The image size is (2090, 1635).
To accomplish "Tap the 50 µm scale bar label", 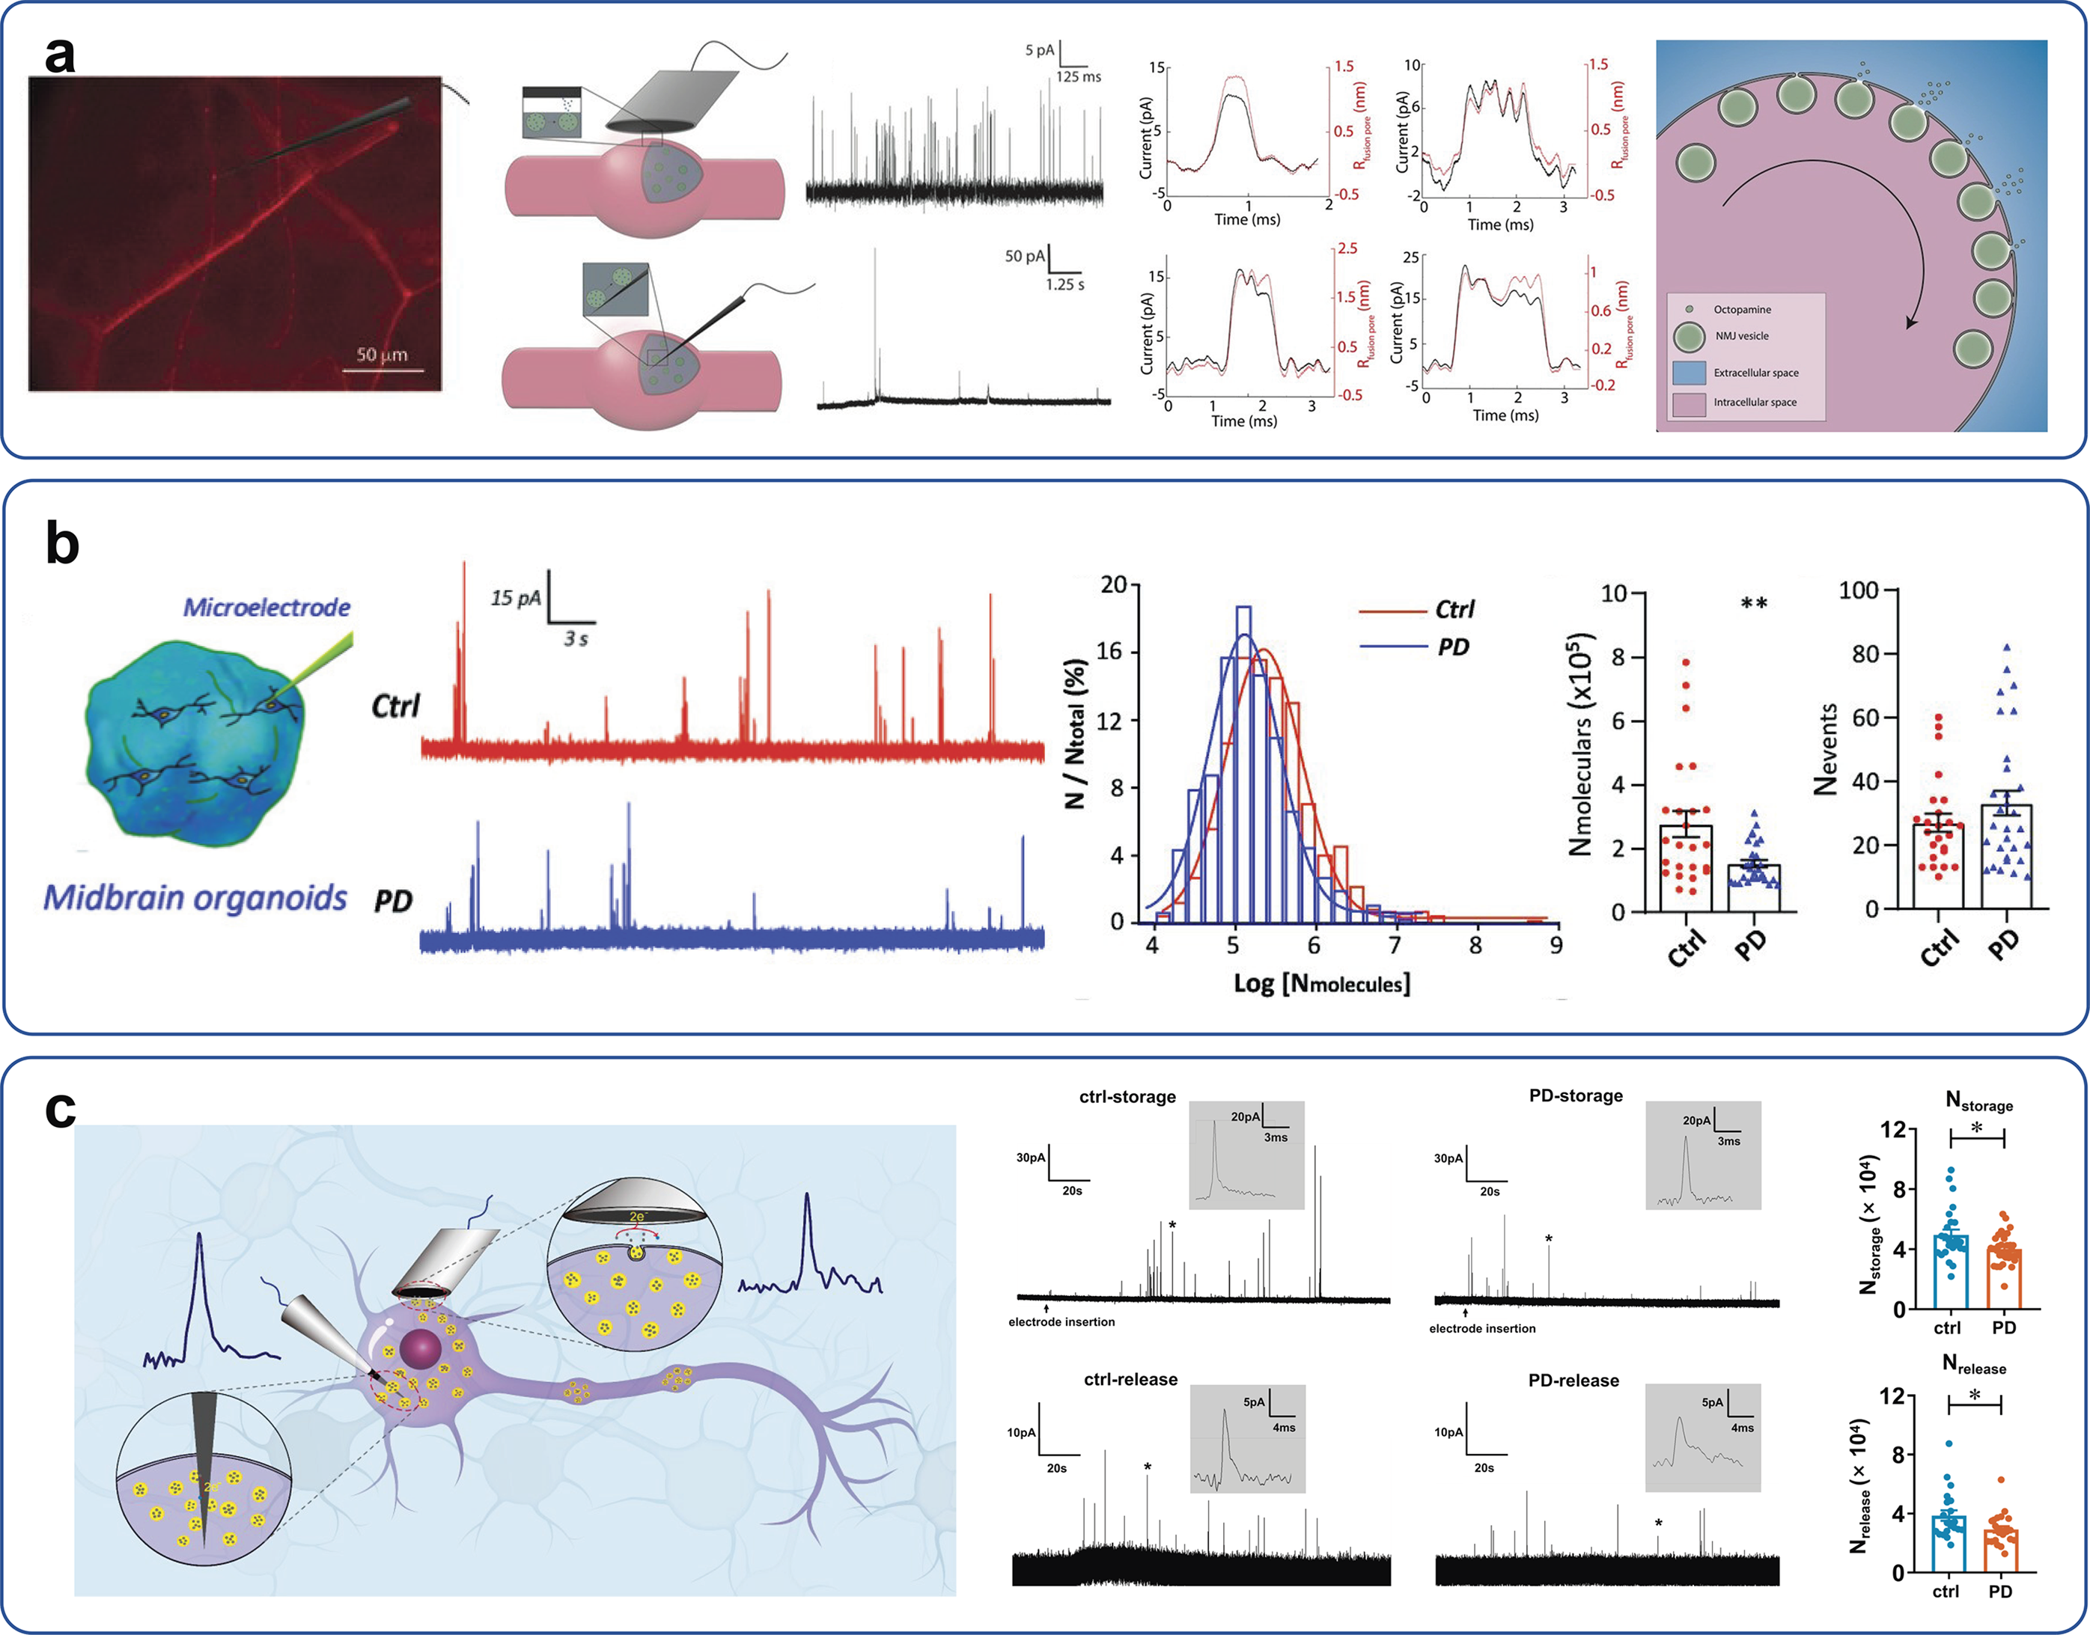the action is (x=382, y=355).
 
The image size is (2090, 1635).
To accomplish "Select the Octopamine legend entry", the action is (x=1730, y=309).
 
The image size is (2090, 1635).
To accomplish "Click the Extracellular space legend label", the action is (x=1756, y=373).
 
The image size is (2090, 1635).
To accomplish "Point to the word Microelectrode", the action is (x=266, y=607).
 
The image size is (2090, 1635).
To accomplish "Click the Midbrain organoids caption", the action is (x=195, y=898).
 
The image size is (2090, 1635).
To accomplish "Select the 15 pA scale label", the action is (x=516, y=599).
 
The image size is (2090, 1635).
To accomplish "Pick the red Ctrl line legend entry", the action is (x=1416, y=610).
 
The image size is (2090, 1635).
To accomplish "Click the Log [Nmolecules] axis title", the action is (x=1321, y=983).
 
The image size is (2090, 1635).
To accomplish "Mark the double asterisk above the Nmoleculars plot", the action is (x=1754, y=604).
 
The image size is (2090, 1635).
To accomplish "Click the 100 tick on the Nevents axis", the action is (x=1859, y=590).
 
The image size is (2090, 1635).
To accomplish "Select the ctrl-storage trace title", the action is (x=1127, y=1097).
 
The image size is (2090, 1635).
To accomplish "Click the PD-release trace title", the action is (x=1574, y=1381).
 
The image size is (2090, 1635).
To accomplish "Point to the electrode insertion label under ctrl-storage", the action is (x=1061, y=1322).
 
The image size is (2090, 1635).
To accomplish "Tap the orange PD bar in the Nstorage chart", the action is (x=2004, y=1279).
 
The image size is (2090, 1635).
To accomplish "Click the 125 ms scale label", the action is (x=1078, y=76).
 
